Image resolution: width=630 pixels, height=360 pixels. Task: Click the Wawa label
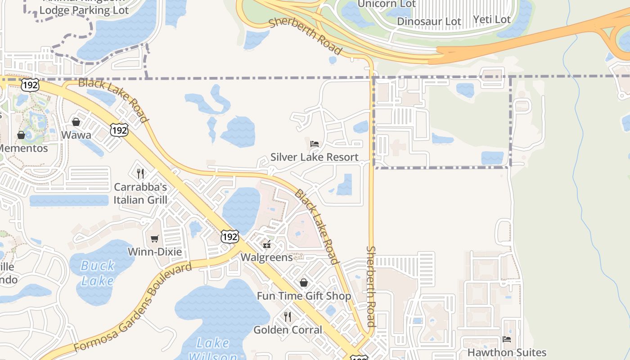click(x=76, y=135)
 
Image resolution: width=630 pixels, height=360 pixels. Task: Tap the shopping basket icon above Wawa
click(x=76, y=122)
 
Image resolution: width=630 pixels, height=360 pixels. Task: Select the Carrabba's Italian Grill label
click(x=140, y=193)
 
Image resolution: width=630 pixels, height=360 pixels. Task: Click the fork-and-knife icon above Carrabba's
click(x=140, y=173)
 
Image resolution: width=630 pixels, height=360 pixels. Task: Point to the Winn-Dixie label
click(x=155, y=252)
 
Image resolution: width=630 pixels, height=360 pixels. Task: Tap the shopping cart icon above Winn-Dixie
click(x=155, y=238)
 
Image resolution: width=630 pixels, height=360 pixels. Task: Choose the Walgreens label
click(x=266, y=257)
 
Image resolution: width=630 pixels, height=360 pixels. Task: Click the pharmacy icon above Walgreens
click(x=267, y=244)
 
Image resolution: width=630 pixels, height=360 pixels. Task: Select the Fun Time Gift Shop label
click(x=304, y=296)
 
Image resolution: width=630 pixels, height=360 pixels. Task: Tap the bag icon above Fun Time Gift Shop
click(x=304, y=283)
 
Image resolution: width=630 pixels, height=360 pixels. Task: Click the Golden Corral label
click(x=288, y=330)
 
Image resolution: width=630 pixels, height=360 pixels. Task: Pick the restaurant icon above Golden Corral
click(x=288, y=317)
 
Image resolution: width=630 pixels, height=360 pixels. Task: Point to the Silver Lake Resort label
click(x=315, y=157)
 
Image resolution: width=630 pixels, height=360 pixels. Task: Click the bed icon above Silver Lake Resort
click(x=315, y=144)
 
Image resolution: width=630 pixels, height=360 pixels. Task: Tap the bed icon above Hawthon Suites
click(x=507, y=339)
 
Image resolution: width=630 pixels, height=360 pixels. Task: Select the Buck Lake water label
click(x=98, y=273)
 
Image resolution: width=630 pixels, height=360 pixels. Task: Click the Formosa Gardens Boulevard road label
click(x=133, y=308)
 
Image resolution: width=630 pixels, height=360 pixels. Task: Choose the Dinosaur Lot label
click(x=429, y=22)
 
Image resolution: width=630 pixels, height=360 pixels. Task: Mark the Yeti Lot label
click(x=492, y=20)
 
